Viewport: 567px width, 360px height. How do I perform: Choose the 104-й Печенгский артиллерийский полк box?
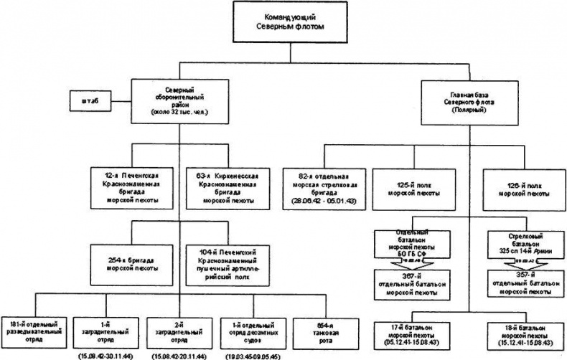(x=225, y=262)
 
